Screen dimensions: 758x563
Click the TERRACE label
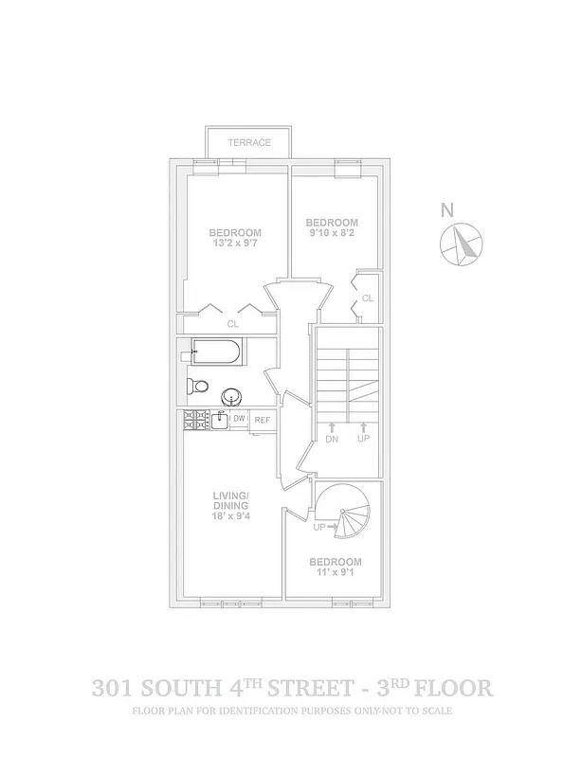[249, 143]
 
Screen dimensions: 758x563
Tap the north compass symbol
[462, 244]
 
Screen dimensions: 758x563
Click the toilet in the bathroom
[197, 387]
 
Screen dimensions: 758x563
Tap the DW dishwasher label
[240, 419]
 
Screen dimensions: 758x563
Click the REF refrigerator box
[263, 419]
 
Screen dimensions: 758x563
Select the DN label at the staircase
[332, 439]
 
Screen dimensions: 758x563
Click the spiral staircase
[346, 516]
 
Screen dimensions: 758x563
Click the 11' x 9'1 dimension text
[335, 572]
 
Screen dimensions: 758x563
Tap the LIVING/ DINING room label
[230, 501]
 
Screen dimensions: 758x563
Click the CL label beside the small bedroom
[368, 298]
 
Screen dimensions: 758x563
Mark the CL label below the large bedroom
[232, 323]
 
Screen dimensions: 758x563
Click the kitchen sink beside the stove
[218, 419]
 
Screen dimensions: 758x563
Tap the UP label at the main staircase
[363, 439]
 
